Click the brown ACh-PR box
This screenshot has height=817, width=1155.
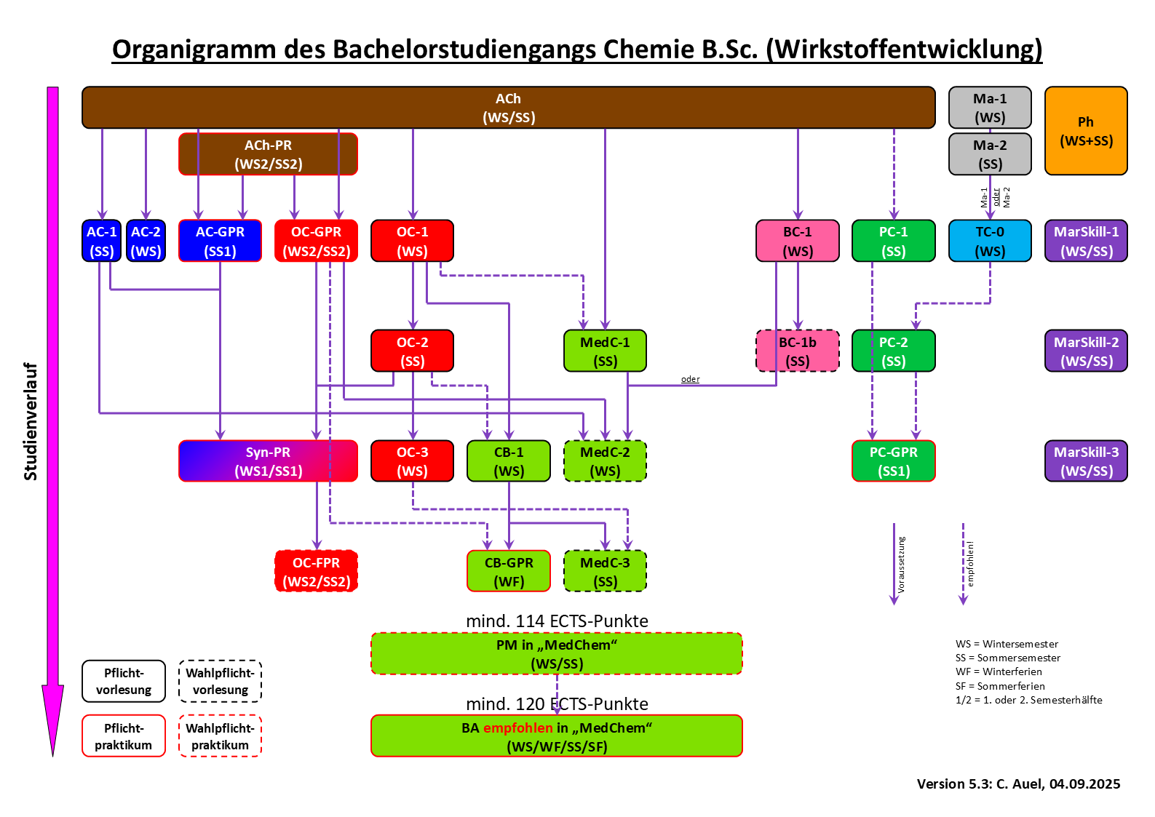pyautogui.click(x=268, y=154)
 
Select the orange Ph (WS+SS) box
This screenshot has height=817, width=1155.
pyautogui.click(x=1085, y=131)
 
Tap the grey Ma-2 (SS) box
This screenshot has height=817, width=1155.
pyautogui.click(x=990, y=154)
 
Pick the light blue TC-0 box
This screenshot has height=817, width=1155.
pyautogui.click(x=990, y=241)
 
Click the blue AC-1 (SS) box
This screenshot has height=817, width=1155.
pyautogui.click(x=102, y=241)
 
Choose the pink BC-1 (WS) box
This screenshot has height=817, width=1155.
pyautogui.click(x=798, y=241)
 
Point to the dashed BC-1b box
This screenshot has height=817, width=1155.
pyautogui.click(x=798, y=351)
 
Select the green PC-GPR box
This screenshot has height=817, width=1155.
pyautogui.click(x=893, y=461)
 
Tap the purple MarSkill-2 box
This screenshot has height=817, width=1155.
pyautogui.click(x=1086, y=351)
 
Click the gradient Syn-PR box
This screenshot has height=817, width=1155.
pyautogui.click(x=268, y=461)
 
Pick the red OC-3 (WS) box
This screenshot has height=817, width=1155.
pyautogui.click(x=412, y=461)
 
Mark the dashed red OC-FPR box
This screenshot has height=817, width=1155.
pyautogui.click(x=316, y=571)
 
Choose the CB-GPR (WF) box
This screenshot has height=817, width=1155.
pyautogui.click(x=509, y=571)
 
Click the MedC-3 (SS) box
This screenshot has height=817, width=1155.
pyautogui.click(x=605, y=571)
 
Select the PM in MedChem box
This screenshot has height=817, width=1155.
pyautogui.click(x=557, y=654)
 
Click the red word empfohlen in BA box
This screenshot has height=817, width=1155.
pyautogui.click(x=517, y=728)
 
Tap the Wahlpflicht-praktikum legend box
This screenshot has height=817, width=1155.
pyautogui.click(x=220, y=736)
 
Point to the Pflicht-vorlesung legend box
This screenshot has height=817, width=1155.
pyautogui.click(x=124, y=681)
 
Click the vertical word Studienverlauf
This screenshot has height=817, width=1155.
pyautogui.click(x=31, y=421)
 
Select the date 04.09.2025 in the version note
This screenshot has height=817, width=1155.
pyautogui.click(x=1084, y=784)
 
